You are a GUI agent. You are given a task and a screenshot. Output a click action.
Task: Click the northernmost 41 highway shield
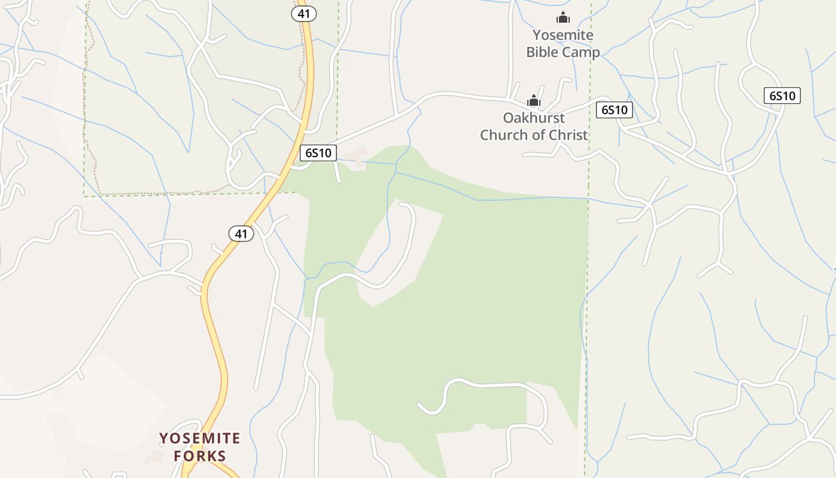point(304,13)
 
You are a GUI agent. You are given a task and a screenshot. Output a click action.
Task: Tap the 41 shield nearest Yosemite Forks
point(241,234)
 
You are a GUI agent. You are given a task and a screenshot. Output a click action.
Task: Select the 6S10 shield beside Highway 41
point(318,153)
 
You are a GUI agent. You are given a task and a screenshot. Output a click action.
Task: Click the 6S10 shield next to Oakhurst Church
point(614,110)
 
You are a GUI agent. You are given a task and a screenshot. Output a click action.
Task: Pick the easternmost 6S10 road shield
point(782,96)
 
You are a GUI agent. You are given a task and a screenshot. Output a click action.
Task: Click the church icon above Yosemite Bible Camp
point(563,18)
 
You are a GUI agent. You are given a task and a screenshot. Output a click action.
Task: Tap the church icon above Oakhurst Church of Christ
point(533,100)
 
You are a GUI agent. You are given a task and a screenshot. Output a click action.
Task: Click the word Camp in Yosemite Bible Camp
point(581,53)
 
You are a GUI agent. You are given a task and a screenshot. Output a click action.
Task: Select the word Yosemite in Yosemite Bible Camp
point(563,35)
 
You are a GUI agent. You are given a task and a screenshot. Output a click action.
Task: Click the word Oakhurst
point(533,118)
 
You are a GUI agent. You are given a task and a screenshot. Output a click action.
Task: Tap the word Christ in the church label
point(568,135)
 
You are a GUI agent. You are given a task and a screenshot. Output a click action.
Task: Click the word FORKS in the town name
point(200,456)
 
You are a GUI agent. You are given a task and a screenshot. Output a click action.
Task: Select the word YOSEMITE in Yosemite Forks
point(200,439)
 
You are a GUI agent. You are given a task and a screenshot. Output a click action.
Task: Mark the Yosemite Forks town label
point(200,447)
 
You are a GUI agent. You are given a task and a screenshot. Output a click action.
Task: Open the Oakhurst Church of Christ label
point(534,126)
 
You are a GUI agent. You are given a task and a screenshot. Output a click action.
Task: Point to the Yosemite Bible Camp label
point(563,44)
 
